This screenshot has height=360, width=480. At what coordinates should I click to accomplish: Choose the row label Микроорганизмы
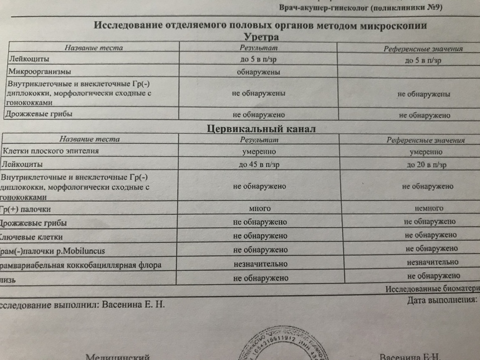pos(39,72)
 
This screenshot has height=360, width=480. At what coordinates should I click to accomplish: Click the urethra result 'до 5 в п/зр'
pos(258,60)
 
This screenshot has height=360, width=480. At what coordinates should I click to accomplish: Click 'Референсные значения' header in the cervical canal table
pos(425,141)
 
